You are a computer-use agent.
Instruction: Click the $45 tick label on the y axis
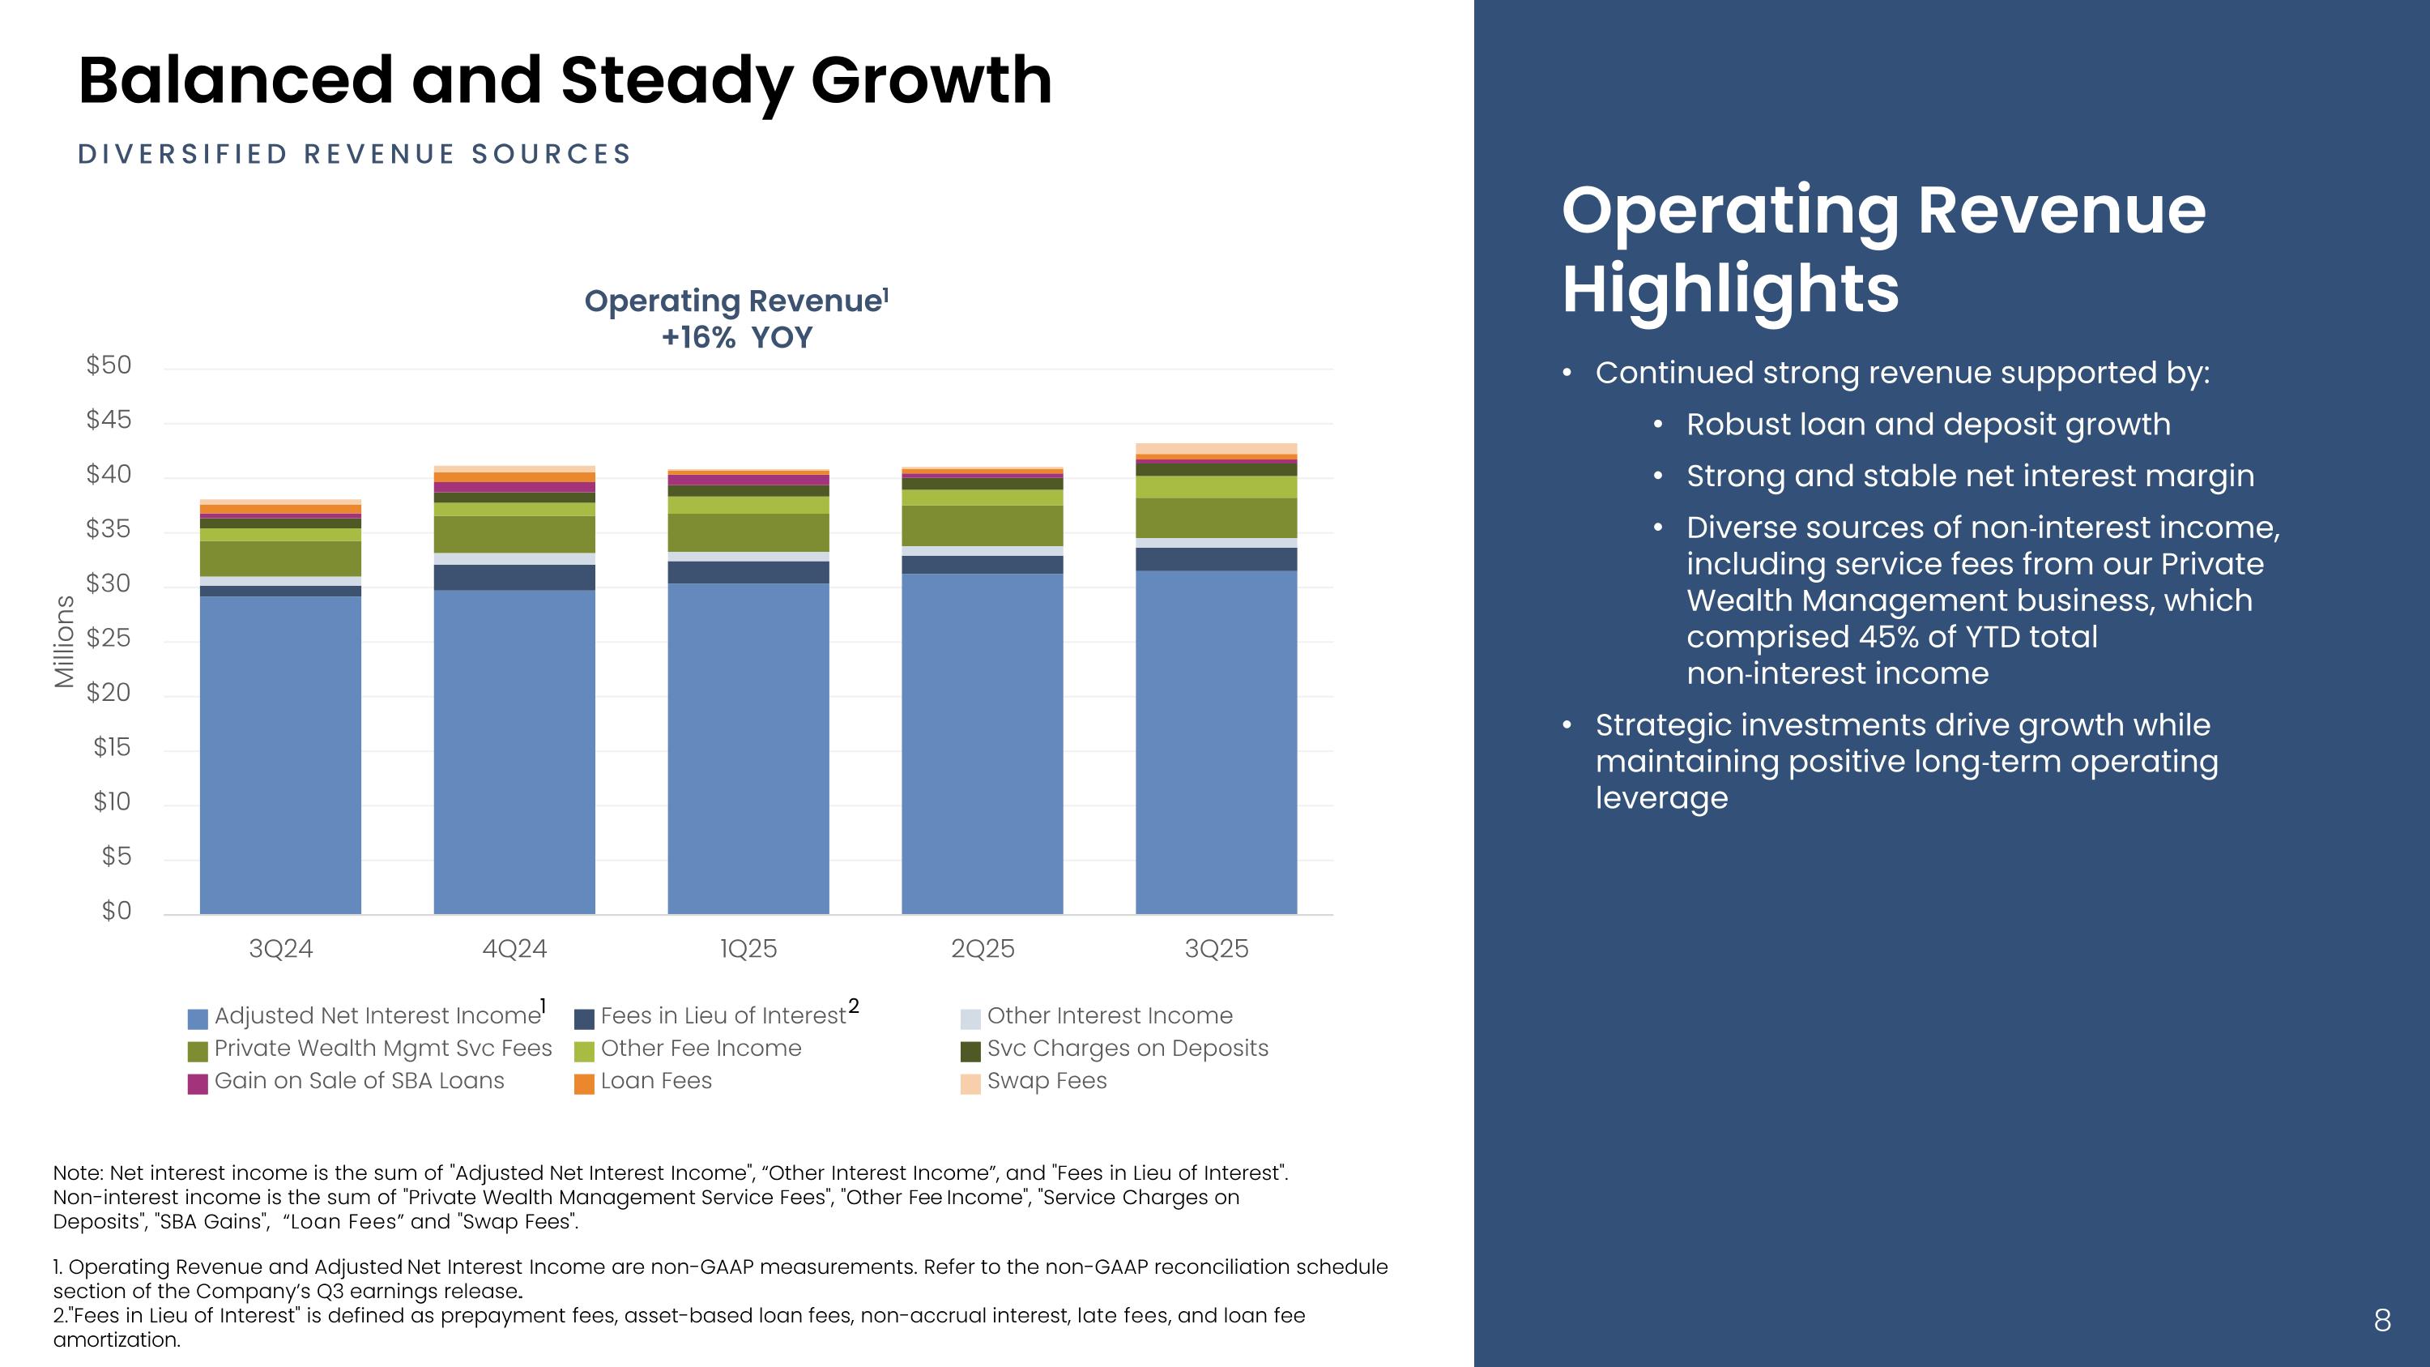(x=109, y=420)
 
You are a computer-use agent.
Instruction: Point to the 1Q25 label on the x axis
(x=748, y=949)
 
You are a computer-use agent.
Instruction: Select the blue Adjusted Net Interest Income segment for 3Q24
(x=280, y=754)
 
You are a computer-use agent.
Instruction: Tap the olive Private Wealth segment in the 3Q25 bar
(x=1216, y=518)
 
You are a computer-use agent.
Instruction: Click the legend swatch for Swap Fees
(x=970, y=1084)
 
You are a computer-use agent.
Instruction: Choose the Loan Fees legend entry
(x=655, y=1081)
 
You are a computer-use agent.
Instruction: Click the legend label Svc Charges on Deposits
(x=1128, y=1048)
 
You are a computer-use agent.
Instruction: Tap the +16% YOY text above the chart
(x=737, y=338)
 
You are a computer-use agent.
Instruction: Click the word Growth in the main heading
(x=931, y=80)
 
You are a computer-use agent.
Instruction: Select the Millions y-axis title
(x=64, y=642)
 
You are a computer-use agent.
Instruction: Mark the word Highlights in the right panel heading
(x=1730, y=288)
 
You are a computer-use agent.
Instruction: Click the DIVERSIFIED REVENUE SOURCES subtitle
(x=355, y=155)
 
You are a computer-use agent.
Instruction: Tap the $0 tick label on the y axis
(x=116, y=912)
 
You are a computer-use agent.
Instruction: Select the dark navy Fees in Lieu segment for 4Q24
(x=514, y=578)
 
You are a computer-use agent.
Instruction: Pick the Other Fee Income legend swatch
(x=585, y=1051)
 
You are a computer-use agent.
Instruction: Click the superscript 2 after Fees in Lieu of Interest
(x=854, y=1006)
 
